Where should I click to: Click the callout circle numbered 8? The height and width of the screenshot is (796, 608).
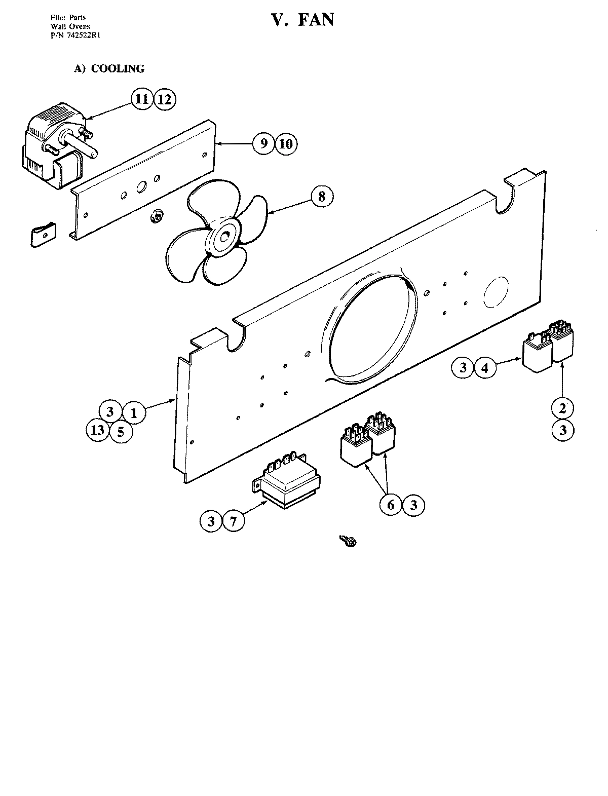point(322,196)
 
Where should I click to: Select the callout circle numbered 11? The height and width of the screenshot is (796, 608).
point(142,99)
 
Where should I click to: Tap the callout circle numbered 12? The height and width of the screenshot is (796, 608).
point(164,99)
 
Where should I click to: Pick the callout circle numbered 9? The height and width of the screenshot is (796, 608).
point(263,143)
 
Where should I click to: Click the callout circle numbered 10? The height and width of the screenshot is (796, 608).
point(286,144)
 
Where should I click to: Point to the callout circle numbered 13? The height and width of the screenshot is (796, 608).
point(98,430)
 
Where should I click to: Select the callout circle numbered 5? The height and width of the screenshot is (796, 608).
point(121,431)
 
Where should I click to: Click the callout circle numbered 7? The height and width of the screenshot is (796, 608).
point(233,520)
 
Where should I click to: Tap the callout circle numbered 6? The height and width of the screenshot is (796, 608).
point(391,505)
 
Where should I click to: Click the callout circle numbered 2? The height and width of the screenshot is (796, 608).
point(563,407)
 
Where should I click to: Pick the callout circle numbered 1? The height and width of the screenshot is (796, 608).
point(134,412)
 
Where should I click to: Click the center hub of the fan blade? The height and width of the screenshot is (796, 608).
point(223,236)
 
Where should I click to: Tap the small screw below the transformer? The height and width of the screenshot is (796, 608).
point(349,541)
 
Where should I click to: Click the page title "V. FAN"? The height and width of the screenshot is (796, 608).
point(303,19)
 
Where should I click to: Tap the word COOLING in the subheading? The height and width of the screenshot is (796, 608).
point(118,68)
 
